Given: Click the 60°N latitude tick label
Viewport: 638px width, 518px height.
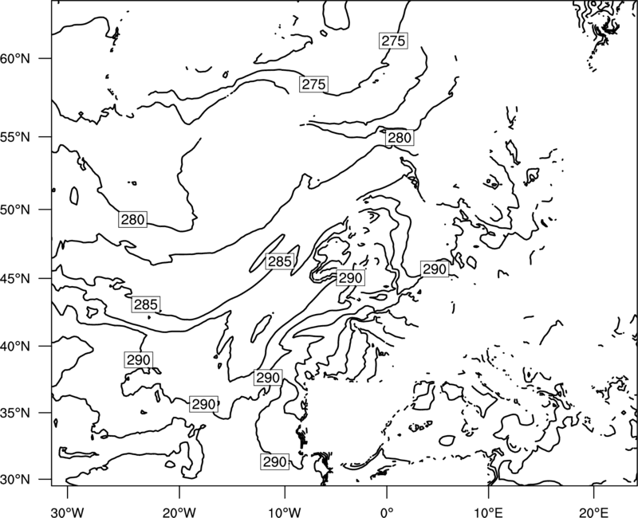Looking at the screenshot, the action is (15, 59).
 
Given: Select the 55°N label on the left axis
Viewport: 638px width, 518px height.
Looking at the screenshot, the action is (15, 137).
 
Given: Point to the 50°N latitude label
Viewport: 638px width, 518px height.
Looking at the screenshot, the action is (15, 210).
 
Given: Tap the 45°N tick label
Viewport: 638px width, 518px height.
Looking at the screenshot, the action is (15, 279).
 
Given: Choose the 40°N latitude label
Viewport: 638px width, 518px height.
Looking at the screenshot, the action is (15, 347).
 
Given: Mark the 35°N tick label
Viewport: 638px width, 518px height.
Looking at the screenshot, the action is (15, 413).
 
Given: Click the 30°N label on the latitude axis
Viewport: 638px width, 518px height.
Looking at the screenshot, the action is (15, 480).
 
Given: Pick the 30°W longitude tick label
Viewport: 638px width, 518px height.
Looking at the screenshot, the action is (67, 512).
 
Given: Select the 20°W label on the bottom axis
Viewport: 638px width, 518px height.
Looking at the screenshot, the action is (179, 512).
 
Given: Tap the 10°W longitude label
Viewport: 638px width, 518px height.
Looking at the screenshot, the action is (285, 512).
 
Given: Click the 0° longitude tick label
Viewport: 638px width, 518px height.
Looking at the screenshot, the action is (387, 512).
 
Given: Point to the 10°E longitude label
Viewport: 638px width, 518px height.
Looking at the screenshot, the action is (488, 512).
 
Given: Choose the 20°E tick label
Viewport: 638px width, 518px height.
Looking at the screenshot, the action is (593, 512).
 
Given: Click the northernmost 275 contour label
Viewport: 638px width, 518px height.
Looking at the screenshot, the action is (393, 41).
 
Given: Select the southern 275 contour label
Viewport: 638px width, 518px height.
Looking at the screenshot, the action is (313, 84).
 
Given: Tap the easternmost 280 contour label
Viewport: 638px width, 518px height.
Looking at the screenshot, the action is (400, 138).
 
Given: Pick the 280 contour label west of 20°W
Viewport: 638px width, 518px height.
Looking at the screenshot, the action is (132, 220).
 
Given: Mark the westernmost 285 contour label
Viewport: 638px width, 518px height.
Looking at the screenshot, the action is (145, 304).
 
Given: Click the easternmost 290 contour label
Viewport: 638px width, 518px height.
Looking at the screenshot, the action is (435, 269).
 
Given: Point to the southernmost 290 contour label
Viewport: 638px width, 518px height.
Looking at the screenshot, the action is (275, 462).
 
